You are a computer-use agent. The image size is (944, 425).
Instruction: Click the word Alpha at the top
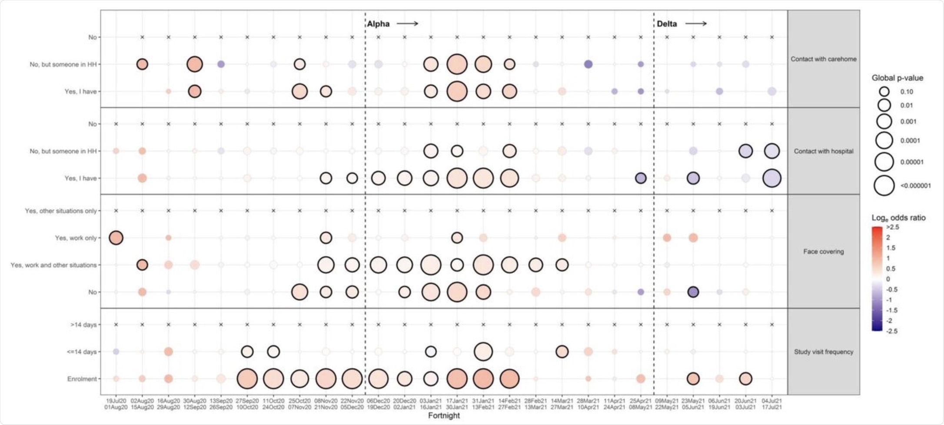click(x=378, y=24)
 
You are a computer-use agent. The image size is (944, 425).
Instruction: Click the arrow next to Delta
click(x=696, y=23)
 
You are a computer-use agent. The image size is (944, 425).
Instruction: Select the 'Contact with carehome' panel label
click(x=823, y=59)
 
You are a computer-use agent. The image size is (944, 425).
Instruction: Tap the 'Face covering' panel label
click(x=823, y=251)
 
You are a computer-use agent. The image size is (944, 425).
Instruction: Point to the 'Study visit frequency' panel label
click(x=823, y=352)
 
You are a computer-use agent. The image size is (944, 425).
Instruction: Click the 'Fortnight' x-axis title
click(x=444, y=415)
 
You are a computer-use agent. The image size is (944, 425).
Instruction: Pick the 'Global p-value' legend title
click(x=897, y=78)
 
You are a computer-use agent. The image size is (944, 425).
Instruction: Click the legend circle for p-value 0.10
click(x=884, y=92)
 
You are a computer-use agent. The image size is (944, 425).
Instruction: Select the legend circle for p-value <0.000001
click(x=884, y=186)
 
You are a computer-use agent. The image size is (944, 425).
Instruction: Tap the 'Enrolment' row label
click(x=82, y=379)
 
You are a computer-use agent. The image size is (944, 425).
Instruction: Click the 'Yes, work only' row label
click(x=76, y=238)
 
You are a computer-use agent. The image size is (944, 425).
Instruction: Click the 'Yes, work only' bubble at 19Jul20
click(x=116, y=238)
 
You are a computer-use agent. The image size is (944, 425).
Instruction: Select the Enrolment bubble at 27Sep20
click(x=247, y=379)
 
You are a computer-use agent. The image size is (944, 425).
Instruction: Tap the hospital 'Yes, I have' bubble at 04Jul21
click(x=772, y=178)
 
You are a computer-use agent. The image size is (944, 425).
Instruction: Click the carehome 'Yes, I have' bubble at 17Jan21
click(x=457, y=91)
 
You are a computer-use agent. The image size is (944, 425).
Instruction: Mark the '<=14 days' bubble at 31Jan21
click(x=483, y=352)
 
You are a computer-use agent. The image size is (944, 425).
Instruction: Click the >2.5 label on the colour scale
click(x=893, y=227)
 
